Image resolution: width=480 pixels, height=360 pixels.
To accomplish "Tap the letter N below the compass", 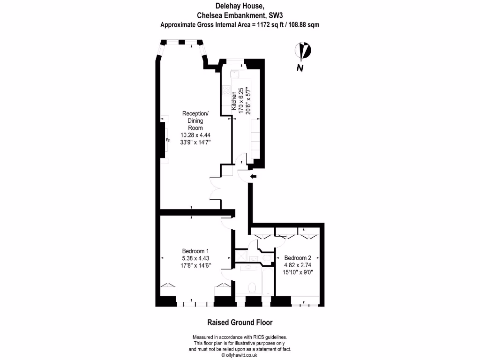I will [300, 68].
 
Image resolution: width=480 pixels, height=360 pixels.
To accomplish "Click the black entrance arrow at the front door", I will [253, 176].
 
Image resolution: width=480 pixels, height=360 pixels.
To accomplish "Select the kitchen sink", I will [234, 73].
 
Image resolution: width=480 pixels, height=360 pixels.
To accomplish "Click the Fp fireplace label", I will [168, 140].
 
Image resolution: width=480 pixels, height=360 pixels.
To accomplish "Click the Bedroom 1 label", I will [195, 251].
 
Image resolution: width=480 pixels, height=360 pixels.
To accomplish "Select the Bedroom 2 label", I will [298, 258].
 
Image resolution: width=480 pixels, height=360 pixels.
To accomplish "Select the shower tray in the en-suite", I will [242, 256].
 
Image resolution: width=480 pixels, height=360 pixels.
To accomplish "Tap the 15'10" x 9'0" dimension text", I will [298, 271].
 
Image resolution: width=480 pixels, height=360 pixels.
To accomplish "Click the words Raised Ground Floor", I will [240, 322].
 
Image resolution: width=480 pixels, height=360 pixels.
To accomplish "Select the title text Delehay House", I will [240, 6].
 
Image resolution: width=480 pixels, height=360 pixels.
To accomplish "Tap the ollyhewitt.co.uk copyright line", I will [240, 355].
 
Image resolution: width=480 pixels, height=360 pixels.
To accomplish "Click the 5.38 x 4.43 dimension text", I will [195, 258].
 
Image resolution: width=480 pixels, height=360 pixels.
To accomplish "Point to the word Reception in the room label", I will [195, 114].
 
